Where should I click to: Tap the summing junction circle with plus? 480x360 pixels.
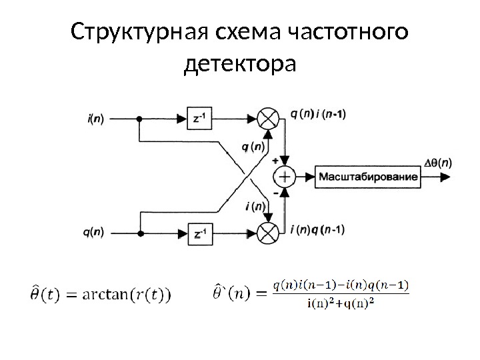point(285,177)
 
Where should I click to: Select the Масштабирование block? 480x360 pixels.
point(368,177)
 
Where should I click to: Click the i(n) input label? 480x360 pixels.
point(95,120)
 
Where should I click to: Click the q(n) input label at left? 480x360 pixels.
point(94,233)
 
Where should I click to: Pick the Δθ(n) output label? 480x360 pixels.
point(437,161)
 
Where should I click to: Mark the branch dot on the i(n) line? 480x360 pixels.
point(139,120)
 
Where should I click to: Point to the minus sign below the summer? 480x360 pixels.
point(275,192)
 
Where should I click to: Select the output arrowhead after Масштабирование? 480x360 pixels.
point(451,177)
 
